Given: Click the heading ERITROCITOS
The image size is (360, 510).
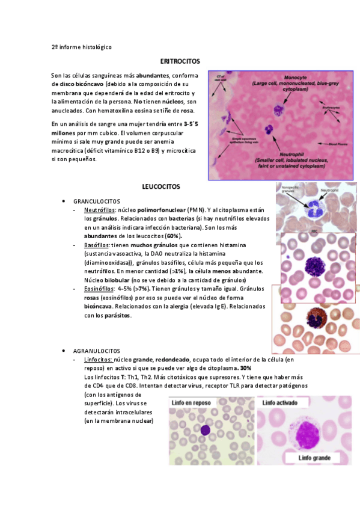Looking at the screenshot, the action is (x=180, y=61).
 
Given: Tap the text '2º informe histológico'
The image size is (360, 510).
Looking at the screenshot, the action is (x=82, y=46).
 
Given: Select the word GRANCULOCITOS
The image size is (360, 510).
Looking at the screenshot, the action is (x=96, y=201).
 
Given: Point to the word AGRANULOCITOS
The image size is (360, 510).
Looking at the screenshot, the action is (x=96, y=351).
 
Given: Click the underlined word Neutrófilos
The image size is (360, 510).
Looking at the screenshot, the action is (x=100, y=210).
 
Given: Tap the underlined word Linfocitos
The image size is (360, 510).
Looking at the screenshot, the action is (x=99, y=360).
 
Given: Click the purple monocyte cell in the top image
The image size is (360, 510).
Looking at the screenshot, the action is (x=278, y=110).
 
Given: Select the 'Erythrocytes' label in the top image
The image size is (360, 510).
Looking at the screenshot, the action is (x=331, y=107).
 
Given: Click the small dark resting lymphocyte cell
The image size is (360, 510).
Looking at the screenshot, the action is (x=206, y=430).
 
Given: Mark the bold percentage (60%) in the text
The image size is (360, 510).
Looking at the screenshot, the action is (x=174, y=236).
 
